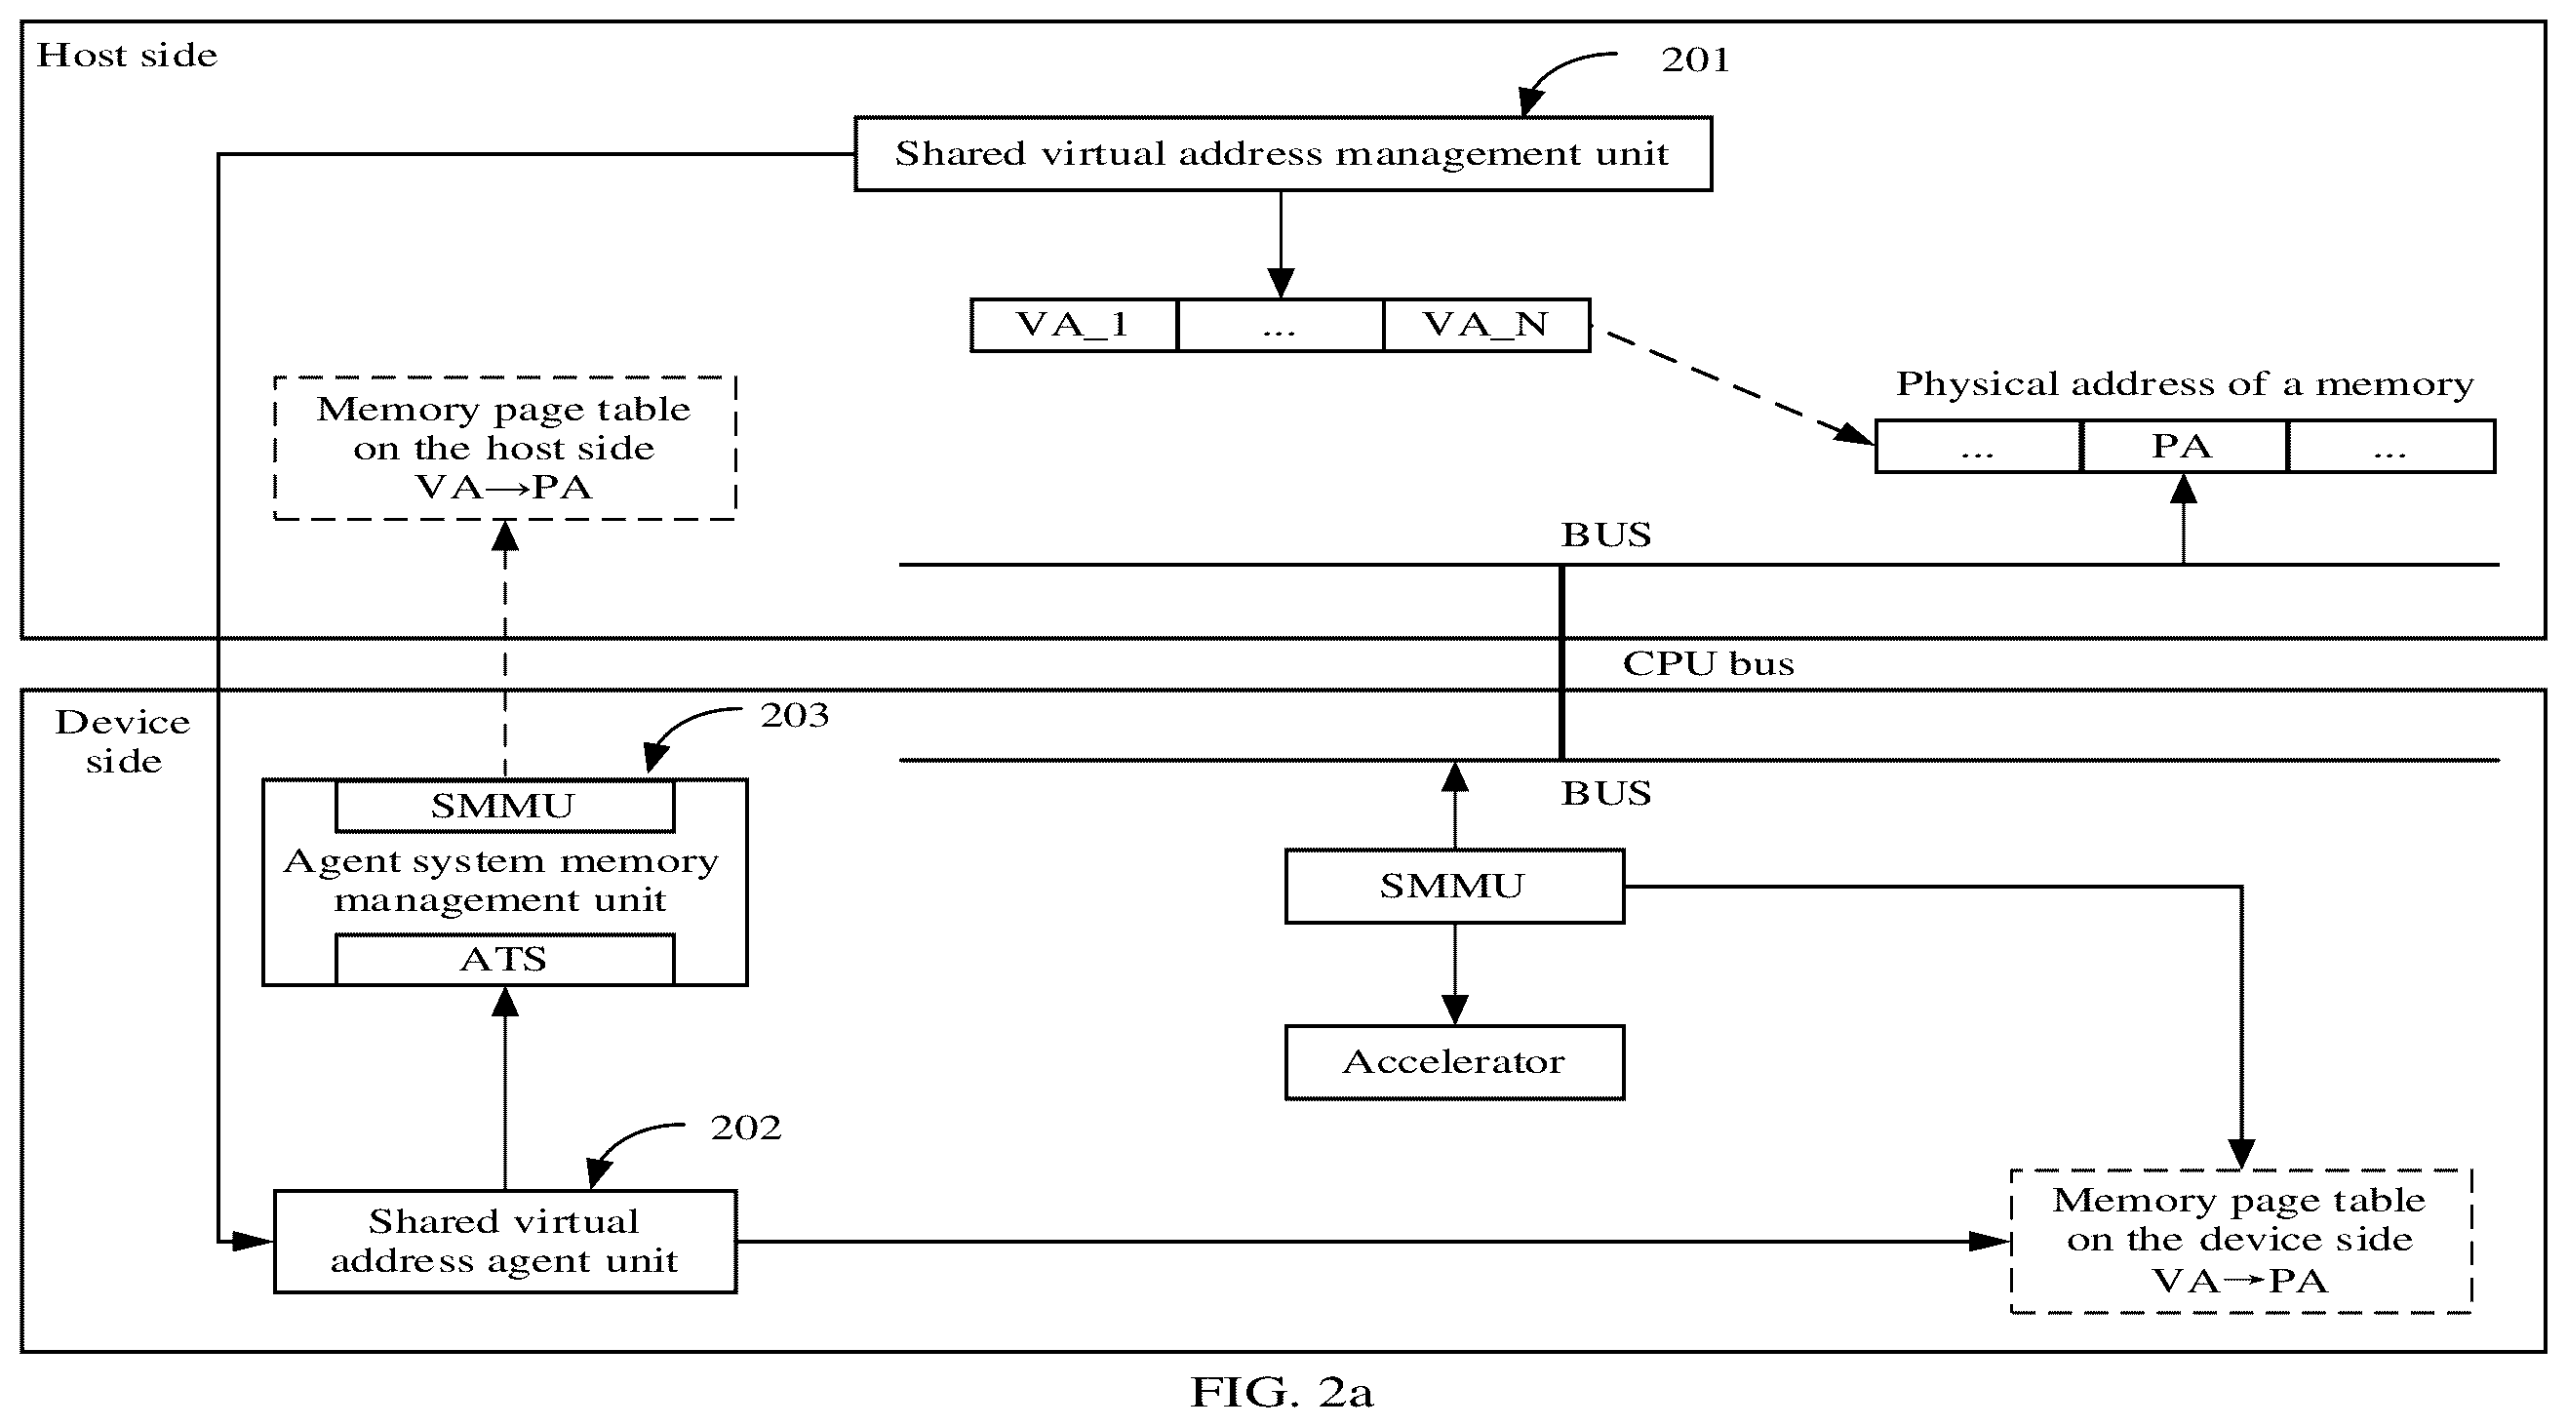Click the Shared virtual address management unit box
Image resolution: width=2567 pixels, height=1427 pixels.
click(1283, 153)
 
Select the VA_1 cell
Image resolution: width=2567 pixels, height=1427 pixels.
click(1074, 325)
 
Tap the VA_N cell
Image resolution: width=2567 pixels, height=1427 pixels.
click(1485, 325)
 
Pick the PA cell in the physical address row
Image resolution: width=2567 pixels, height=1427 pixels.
click(2184, 447)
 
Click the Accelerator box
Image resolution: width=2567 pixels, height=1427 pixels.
click(1454, 1062)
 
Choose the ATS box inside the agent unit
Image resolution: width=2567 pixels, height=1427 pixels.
click(504, 960)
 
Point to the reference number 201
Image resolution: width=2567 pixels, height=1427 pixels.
click(1695, 59)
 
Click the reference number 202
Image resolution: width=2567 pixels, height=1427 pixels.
click(745, 1129)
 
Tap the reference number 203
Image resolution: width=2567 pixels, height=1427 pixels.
click(794, 716)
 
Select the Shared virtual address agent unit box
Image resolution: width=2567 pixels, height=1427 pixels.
click(505, 1242)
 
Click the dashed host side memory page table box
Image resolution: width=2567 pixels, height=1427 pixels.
click(505, 449)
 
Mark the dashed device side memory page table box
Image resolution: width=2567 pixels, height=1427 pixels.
click(2240, 1241)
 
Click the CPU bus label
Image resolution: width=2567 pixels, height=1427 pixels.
click(1708, 663)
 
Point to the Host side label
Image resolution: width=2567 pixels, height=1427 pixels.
click(127, 55)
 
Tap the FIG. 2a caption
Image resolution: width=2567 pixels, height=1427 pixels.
click(1282, 1392)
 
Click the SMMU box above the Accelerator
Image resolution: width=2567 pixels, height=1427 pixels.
click(1454, 886)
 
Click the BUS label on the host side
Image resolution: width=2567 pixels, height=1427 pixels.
click(1605, 535)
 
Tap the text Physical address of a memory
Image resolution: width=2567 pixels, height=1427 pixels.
click(2185, 384)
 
